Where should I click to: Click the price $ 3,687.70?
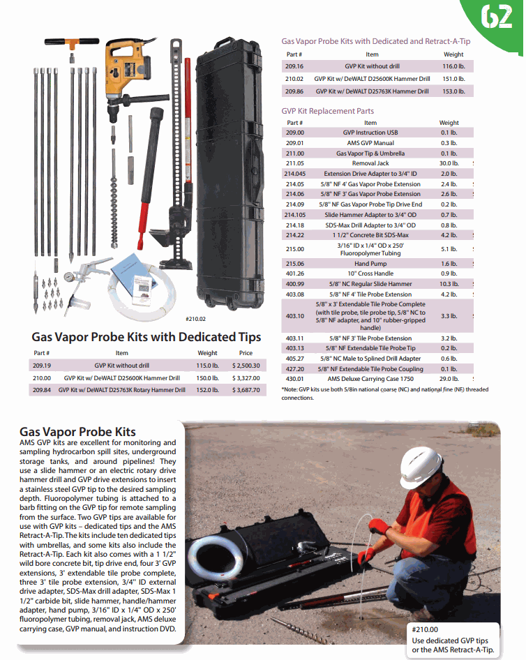(x=246, y=390)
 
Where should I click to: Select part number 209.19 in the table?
(x=41, y=365)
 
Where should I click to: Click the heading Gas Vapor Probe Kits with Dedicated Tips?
(x=146, y=337)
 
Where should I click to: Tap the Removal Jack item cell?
(x=370, y=163)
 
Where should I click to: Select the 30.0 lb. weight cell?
(x=449, y=163)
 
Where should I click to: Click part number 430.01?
(x=294, y=379)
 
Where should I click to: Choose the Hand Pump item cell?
(x=370, y=264)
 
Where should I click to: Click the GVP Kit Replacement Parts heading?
(x=327, y=111)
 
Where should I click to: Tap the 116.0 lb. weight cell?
(x=453, y=66)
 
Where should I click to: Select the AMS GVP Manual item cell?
(x=370, y=143)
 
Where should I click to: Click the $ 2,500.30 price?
(x=246, y=365)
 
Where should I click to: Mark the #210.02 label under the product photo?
(x=197, y=319)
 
